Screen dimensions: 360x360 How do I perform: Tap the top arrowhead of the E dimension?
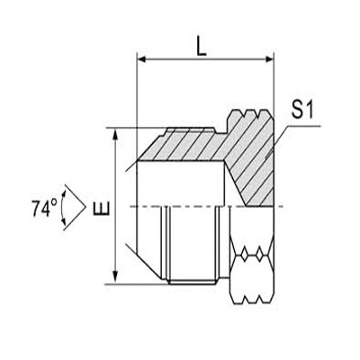pos(116,135)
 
